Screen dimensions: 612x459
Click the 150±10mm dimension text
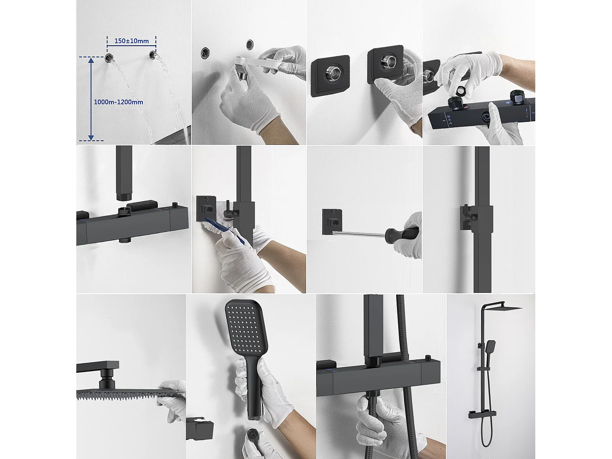[132, 41]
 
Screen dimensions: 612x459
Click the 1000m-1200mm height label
[118, 102]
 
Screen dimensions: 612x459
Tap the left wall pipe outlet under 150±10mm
[109, 58]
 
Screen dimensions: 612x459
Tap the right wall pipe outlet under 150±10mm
[153, 55]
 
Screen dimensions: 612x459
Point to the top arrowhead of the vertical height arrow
[91, 60]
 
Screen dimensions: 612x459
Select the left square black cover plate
[330, 76]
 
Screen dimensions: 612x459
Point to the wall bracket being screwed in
[332, 222]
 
